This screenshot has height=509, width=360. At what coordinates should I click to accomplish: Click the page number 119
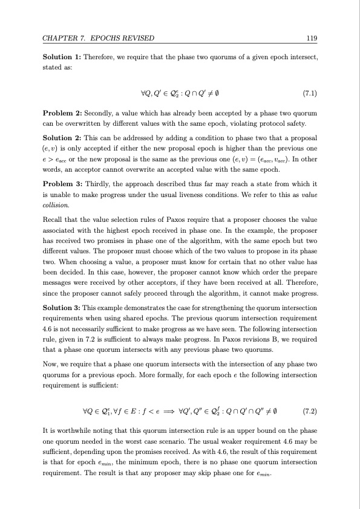tap(312, 39)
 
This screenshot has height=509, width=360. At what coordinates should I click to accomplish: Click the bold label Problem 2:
tap(61, 113)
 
